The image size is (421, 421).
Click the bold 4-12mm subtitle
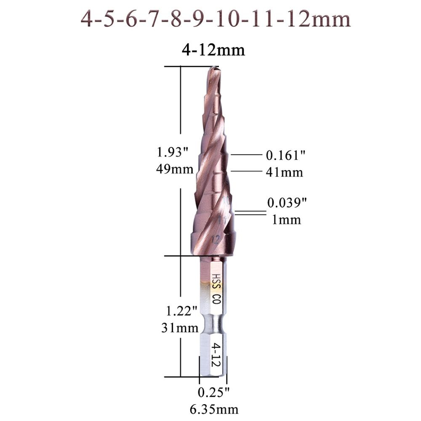(x=213, y=51)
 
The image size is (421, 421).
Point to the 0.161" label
(x=285, y=155)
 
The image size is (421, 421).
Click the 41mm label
(x=284, y=172)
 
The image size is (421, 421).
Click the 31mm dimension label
(x=180, y=328)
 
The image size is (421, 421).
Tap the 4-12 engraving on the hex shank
(x=216, y=355)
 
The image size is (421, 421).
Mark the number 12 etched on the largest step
(x=216, y=240)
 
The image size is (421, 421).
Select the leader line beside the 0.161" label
(x=246, y=155)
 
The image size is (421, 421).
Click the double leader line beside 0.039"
(x=250, y=213)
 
